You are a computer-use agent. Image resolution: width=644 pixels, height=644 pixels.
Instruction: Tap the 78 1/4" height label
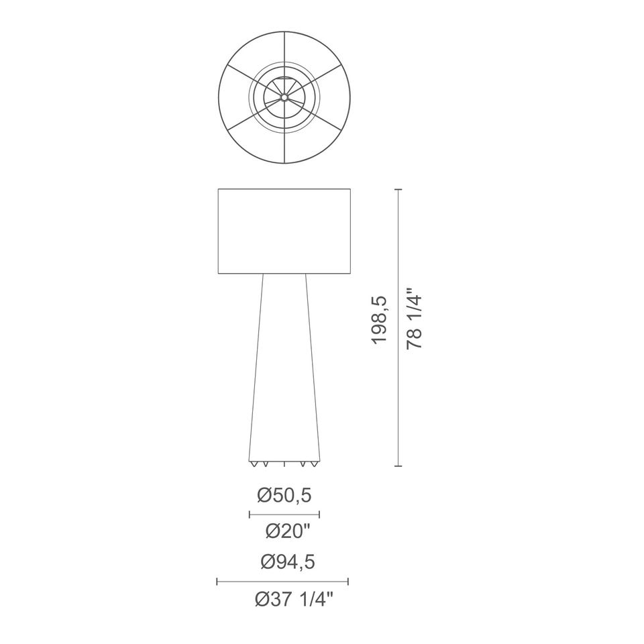414,322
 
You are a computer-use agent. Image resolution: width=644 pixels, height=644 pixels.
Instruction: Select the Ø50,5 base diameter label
284,495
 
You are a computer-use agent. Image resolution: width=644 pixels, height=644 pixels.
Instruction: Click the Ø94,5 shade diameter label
288,562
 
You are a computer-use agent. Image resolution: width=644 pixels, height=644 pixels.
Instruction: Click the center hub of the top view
284,97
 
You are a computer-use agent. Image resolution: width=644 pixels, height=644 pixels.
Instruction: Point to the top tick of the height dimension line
398,189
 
